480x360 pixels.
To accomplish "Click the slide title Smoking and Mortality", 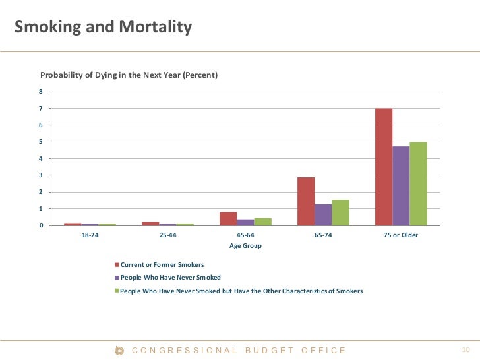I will (103, 28).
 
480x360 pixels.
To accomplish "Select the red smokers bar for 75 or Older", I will (384, 167).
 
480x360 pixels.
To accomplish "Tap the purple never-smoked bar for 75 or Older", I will (401, 186).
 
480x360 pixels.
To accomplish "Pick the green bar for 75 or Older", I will (418, 184).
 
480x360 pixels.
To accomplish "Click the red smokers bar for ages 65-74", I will (306, 202).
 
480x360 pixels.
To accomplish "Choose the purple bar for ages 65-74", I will (323, 215).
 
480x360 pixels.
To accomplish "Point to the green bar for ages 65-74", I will (340, 213).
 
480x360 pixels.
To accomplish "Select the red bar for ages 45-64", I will (228, 219).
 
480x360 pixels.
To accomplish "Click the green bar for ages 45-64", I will (262, 222).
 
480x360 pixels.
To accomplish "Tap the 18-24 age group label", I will (90, 235).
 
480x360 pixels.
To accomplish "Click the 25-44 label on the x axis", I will (167, 235).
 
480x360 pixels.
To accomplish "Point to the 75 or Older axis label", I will (401, 235).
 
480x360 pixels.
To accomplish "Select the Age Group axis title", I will (245, 246).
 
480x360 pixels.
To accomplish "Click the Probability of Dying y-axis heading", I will (129, 75).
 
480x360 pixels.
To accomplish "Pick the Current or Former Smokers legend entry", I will (162, 264).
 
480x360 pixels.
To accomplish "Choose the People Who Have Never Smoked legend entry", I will (170, 278).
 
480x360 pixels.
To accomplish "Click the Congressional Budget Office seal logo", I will (120, 350).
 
